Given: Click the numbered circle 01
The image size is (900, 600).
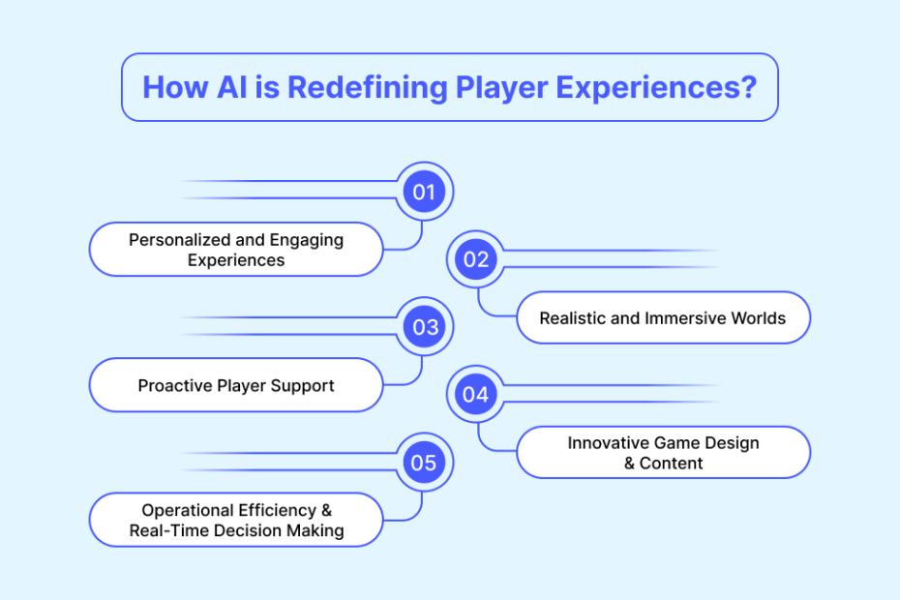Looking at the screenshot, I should [x=424, y=192].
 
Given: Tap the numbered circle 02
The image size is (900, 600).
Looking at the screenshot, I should [x=476, y=259].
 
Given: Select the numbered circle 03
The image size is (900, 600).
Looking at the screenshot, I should [x=424, y=327].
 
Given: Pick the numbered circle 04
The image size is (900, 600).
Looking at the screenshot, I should [x=476, y=395].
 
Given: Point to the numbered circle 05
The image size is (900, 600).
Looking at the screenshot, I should [x=424, y=463].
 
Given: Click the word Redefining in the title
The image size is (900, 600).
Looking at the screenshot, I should [x=367, y=87].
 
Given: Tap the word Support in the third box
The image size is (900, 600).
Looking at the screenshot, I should [x=304, y=385].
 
